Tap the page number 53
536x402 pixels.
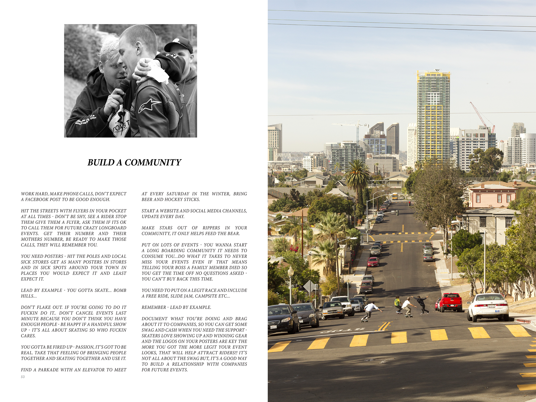pos(23,377)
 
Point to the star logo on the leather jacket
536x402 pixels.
pos(148,105)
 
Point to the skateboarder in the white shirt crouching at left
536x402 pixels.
pos(370,311)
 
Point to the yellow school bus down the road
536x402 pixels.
pos(395,196)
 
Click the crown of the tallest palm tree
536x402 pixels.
pos(357,173)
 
